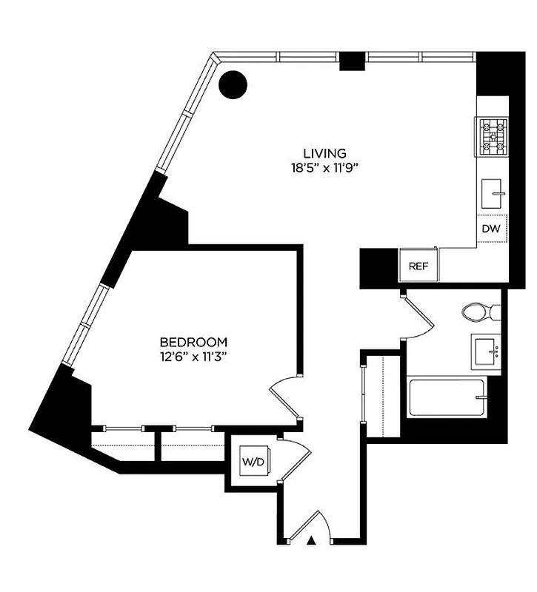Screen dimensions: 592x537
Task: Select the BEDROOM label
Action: (x=193, y=342)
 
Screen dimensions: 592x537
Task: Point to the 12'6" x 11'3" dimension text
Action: (x=193, y=356)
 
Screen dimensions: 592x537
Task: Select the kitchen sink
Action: (x=493, y=194)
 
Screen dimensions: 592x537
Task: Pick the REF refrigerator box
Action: (x=419, y=266)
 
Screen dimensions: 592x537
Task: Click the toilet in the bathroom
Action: (x=481, y=312)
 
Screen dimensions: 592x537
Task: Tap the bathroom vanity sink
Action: (x=487, y=350)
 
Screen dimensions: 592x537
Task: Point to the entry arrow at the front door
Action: (x=312, y=540)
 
